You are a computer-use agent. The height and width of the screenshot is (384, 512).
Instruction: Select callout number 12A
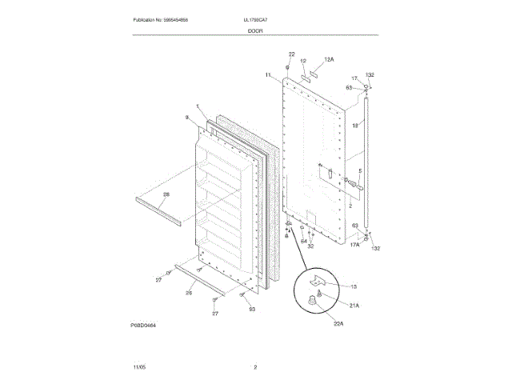pos(329,59)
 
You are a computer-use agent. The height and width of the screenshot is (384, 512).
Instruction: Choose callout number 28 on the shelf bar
pos(166,195)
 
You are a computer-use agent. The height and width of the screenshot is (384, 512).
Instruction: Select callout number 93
pos(251,310)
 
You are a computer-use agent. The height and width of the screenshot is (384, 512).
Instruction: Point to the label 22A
pos(338,323)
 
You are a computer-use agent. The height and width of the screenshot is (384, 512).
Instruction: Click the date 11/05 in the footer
pos(139,367)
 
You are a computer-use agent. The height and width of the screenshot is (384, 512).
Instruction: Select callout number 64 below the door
pos(303,241)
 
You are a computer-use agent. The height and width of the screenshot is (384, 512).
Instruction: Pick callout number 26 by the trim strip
pos(189,293)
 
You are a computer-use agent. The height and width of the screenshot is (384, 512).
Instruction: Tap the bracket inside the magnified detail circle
pos(320,283)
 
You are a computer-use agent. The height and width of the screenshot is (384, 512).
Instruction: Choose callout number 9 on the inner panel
pos(186,118)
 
